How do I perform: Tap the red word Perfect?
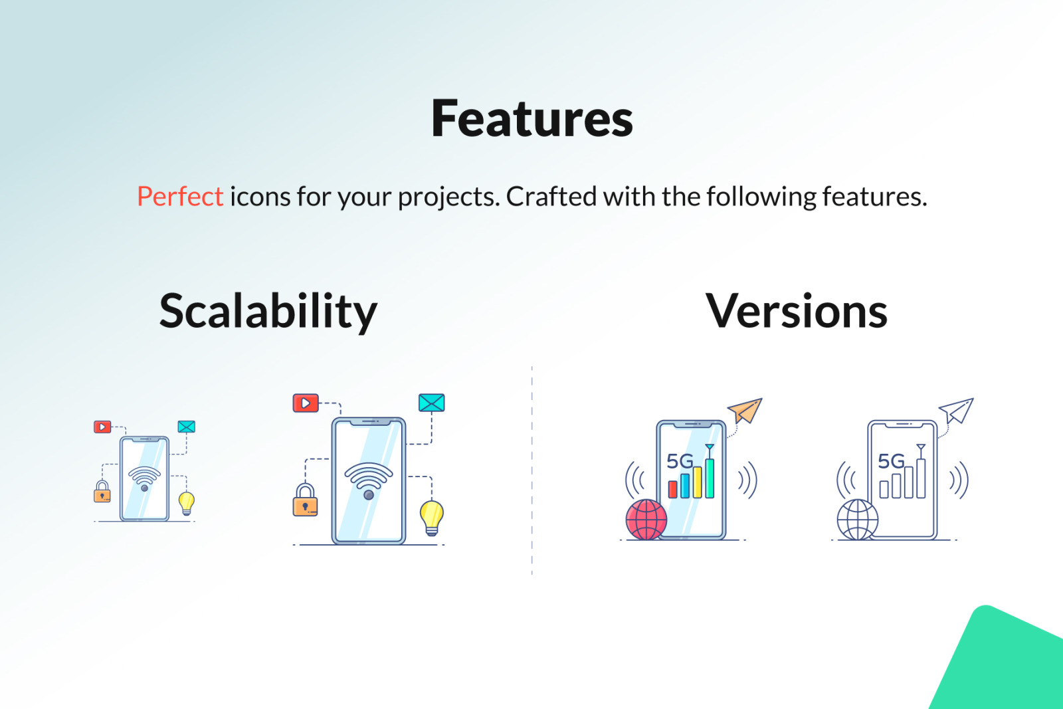tap(180, 196)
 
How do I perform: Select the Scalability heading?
tap(268, 312)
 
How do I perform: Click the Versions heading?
tap(797, 311)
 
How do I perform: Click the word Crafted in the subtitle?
tap(551, 196)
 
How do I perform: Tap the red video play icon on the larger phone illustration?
tap(306, 403)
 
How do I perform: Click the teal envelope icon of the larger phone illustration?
tap(431, 403)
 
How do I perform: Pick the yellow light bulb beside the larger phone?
tap(432, 518)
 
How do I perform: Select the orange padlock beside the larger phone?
tap(305, 500)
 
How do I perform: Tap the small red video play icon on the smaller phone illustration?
tap(102, 427)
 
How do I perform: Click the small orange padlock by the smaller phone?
tap(102, 492)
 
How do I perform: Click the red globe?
tap(646, 520)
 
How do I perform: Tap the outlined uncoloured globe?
tap(857, 520)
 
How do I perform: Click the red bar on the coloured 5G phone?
tap(672, 489)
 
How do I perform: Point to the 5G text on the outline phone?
tap(891, 460)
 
